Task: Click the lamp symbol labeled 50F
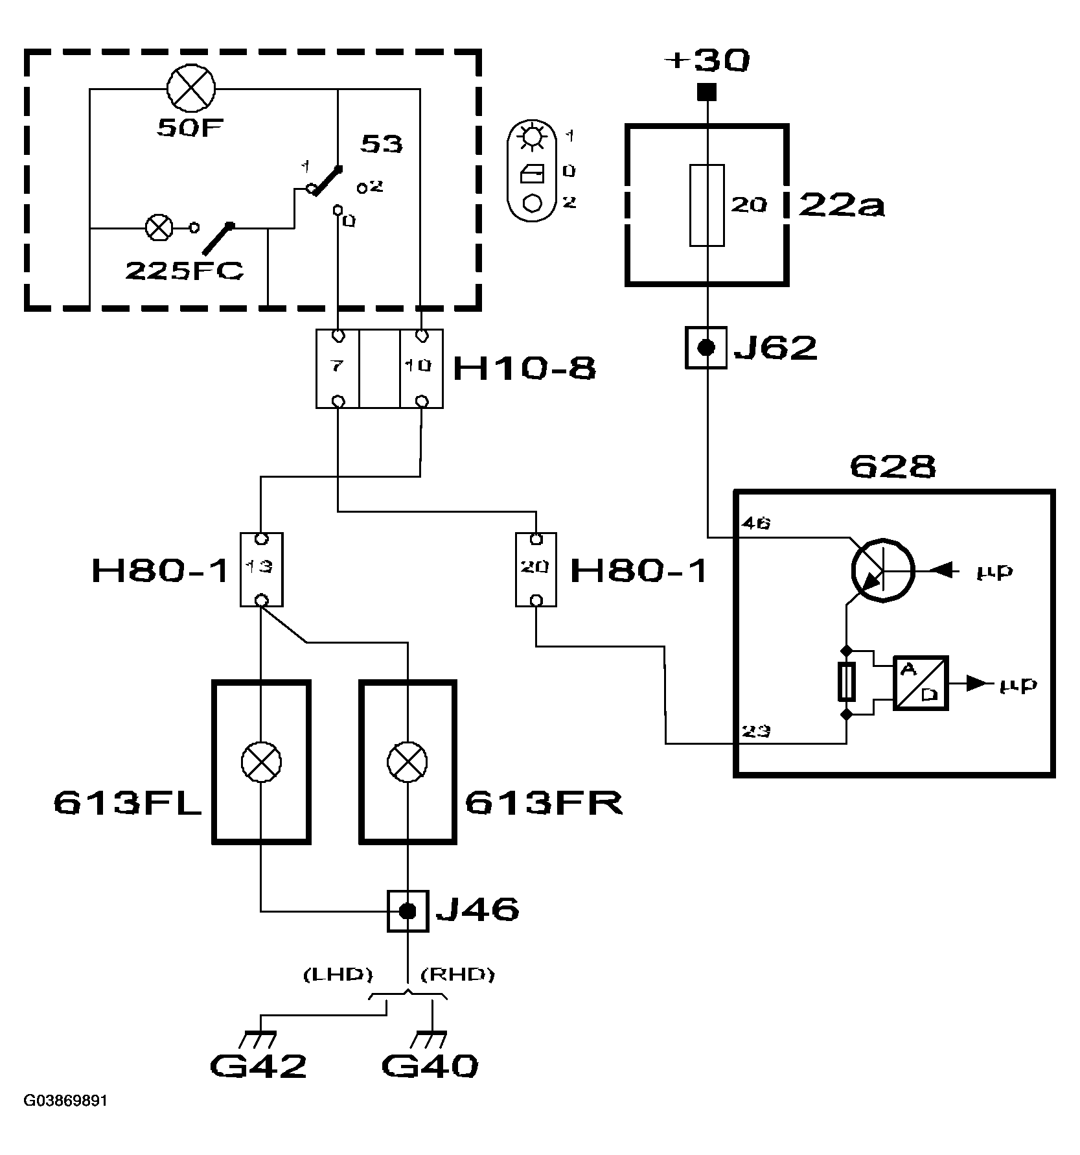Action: [x=191, y=91]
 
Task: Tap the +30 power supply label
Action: [x=707, y=61]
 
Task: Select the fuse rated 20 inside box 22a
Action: [x=706, y=205]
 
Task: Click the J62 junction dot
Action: [x=706, y=348]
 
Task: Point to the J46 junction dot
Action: [x=408, y=911]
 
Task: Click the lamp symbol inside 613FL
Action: [x=260, y=762]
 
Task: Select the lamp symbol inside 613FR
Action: [x=408, y=762]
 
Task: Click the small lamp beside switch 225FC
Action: [x=159, y=227]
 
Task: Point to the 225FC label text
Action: [x=184, y=271]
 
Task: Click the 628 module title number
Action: [x=892, y=467]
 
